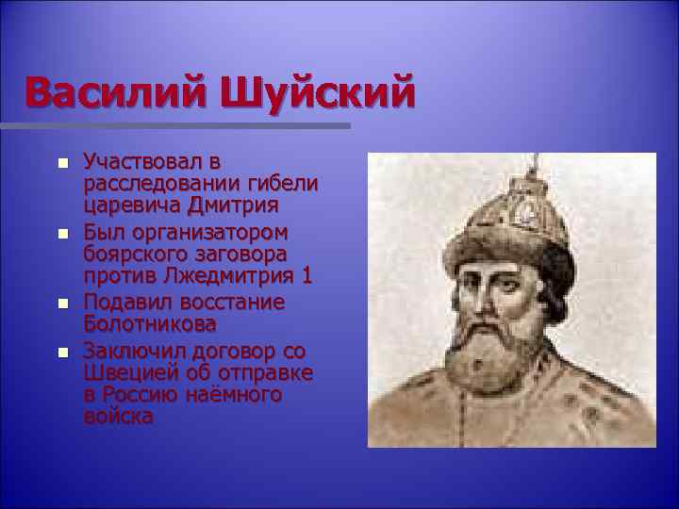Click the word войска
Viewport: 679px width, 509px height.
pyautogui.click(x=116, y=417)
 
